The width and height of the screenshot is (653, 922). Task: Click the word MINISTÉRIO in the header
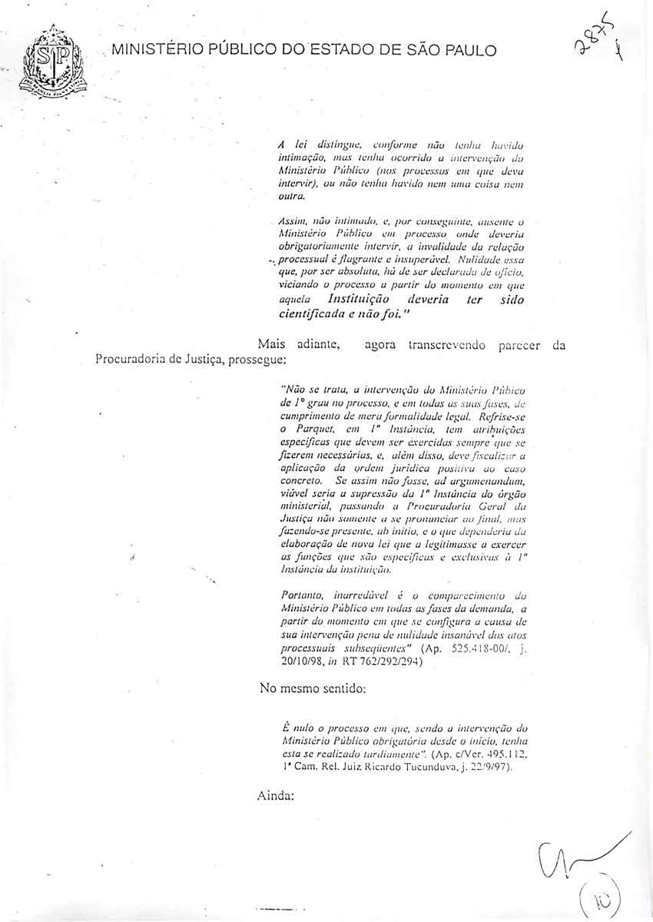coord(158,51)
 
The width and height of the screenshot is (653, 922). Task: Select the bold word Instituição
coord(358,299)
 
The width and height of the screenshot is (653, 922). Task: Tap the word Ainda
coord(277,796)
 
